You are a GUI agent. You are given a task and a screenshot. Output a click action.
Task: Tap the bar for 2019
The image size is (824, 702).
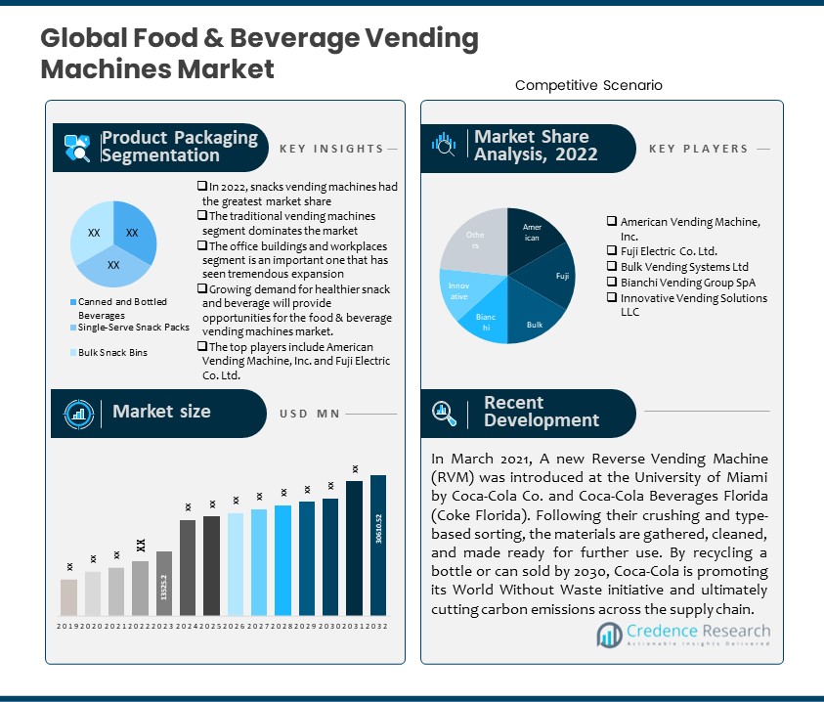pos(68,597)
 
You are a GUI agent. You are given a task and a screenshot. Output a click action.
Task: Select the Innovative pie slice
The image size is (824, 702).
pos(459,290)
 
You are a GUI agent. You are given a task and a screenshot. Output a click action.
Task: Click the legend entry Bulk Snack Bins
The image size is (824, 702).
pos(112,352)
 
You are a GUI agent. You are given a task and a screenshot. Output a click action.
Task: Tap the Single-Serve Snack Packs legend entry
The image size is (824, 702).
pos(134,328)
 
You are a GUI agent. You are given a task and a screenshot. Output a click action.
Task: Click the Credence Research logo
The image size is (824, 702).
pos(683,635)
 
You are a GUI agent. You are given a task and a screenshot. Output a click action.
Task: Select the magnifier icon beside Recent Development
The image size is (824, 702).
pos(445,413)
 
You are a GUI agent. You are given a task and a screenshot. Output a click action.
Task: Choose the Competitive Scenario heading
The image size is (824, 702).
pos(588,85)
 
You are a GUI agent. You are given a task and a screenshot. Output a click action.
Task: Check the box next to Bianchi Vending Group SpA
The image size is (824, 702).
pos(612,282)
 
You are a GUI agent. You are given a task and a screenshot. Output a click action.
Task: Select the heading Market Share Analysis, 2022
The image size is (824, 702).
pos(536,146)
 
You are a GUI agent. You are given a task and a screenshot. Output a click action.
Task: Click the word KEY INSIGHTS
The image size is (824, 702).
pos(331,149)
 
